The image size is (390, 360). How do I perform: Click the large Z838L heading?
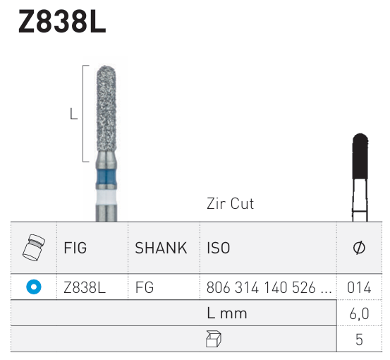[x=62, y=21]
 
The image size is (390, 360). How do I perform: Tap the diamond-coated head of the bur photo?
[x=106, y=108]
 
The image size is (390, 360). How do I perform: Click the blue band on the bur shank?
[x=106, y=177]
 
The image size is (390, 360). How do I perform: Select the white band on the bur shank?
[x=106, y=198]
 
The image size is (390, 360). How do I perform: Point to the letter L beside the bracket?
[x=73, y=114]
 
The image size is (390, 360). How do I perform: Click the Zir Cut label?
[x=231, y=204]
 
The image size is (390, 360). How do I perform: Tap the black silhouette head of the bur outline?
[x=360, y=156]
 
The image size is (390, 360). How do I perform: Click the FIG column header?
[x=75, y=248]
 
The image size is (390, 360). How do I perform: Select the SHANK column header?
[x=161, y=248]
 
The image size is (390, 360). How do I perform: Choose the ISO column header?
[x=219, y=248]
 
